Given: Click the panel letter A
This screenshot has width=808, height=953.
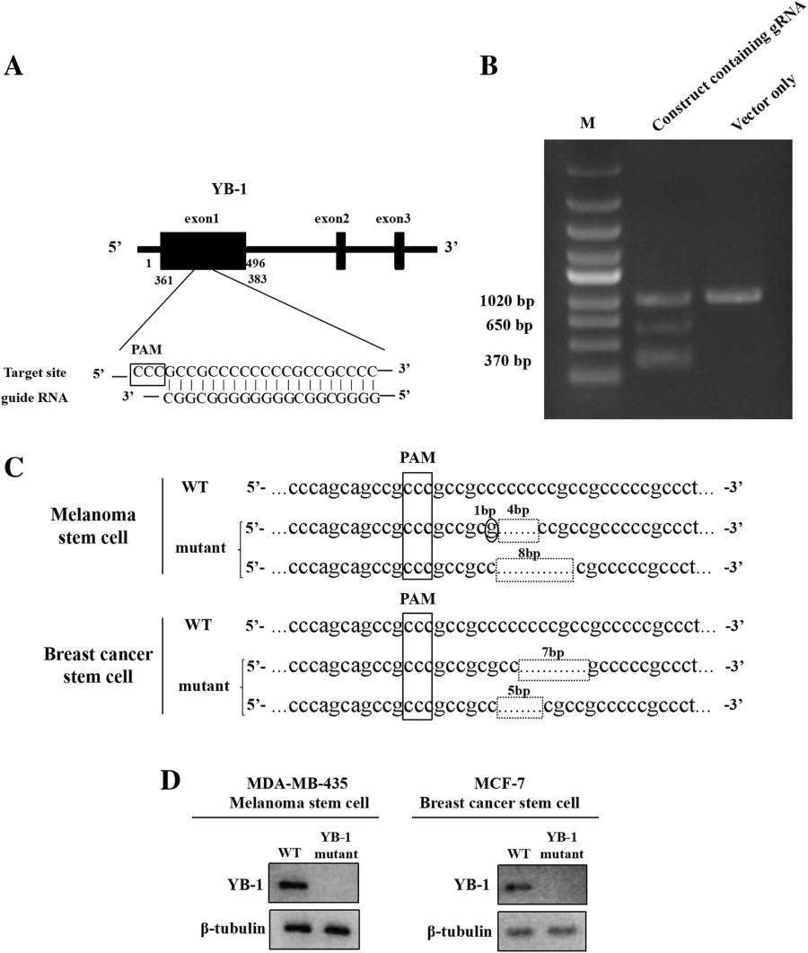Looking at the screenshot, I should tap(14, 66).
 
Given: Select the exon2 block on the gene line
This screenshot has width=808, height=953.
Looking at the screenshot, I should tap(341, 250).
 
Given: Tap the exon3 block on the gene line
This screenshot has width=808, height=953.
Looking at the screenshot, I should tap(400, 250).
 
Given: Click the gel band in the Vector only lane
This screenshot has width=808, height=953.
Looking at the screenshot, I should tap(733, 294).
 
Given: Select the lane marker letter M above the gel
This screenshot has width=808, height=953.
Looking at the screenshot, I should tap(587, 123).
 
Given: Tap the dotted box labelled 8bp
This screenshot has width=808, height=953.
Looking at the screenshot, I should tap(535, 570).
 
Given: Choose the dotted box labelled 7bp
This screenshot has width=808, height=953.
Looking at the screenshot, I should tap(554, 669).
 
